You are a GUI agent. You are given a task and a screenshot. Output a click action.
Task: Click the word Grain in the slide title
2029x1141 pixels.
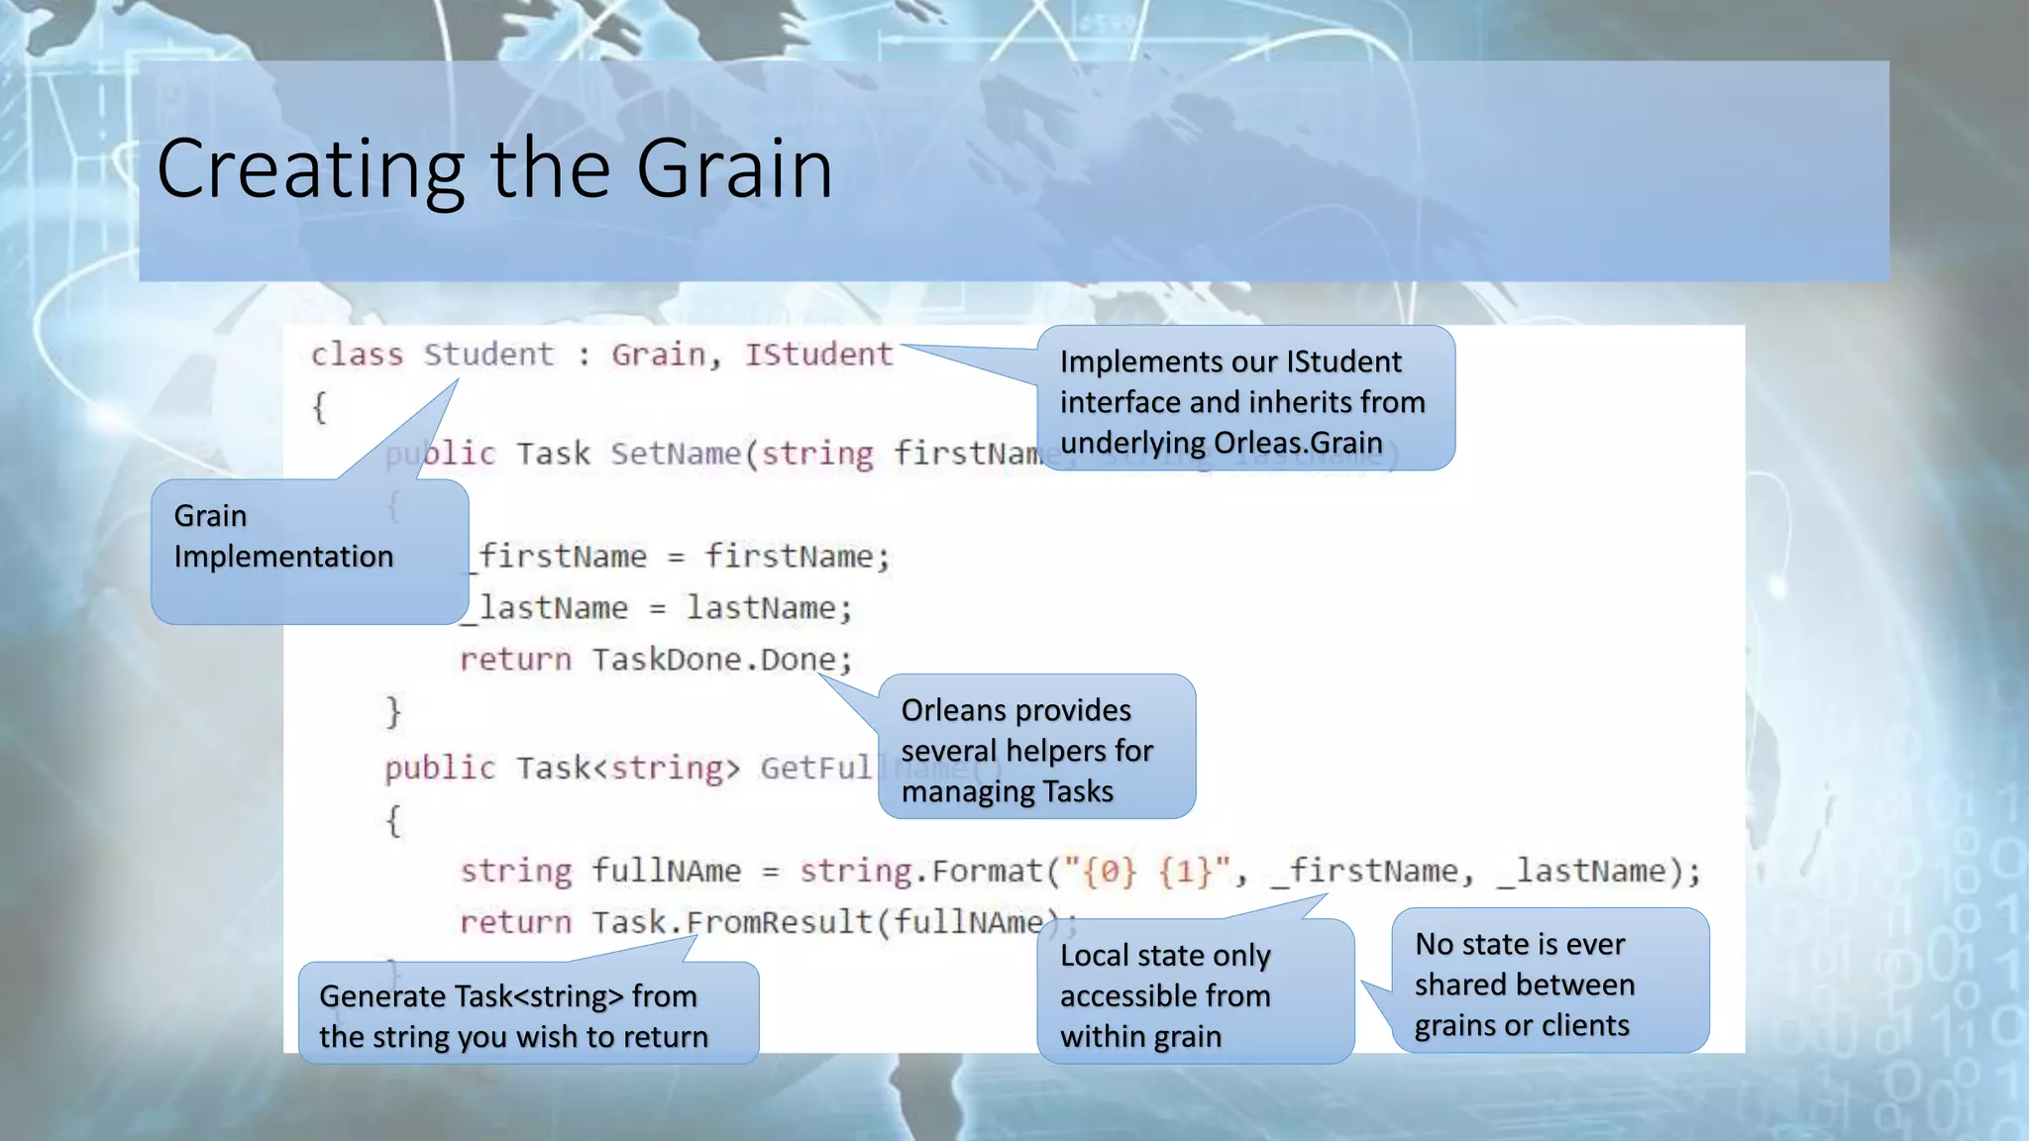pos(733,168)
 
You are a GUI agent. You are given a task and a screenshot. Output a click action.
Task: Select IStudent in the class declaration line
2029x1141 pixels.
pos(818,355)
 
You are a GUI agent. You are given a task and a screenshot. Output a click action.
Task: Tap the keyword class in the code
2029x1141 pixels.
pos(357,355)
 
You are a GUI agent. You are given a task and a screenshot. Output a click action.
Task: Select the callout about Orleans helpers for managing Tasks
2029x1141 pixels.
pos(1036,748)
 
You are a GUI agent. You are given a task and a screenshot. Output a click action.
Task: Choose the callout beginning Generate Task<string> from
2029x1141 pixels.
pos(528,1014)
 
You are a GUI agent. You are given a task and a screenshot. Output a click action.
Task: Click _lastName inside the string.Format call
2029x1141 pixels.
pos(1582,872)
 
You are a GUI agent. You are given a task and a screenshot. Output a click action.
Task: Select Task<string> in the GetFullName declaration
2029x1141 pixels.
pos(627,769)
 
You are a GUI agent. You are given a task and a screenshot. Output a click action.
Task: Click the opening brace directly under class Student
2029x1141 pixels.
pos(319,407)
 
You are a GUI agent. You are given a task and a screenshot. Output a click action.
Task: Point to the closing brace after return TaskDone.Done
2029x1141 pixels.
pos(393,712)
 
